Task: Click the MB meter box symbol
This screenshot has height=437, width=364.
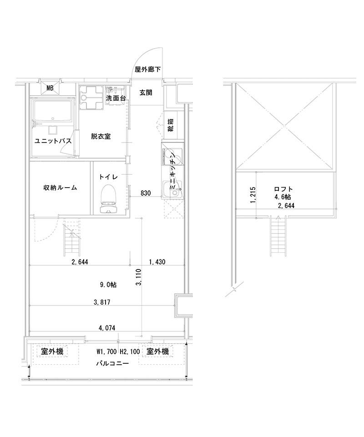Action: (50, 88)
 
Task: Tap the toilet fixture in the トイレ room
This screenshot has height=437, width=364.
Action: (109, 199)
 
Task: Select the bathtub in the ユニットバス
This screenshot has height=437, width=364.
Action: (53, 111)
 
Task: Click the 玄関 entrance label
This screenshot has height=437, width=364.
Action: (146, 92)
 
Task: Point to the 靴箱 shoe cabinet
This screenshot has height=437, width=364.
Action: (171, 125)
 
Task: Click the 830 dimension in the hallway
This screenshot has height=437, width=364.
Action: (146, 193)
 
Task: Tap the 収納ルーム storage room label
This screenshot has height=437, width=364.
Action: (60, 188)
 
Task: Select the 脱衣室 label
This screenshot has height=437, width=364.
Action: (101, 136)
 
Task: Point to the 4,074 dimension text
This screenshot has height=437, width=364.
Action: (107, 328)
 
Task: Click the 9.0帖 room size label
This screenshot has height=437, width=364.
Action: (108, 285)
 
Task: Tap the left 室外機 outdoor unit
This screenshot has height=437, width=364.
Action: (52, 351)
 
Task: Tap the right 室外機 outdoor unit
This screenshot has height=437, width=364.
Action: (157, 351)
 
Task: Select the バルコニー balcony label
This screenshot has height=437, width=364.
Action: (112, 363)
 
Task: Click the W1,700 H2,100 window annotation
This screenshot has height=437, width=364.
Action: (118, 351)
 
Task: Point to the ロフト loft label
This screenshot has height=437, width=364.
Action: (283, 189)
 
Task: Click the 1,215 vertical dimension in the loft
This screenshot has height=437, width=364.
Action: (253, 195)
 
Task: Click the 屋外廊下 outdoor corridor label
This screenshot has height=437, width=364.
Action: (148, 69)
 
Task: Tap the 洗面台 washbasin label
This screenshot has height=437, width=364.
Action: (116, 98)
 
